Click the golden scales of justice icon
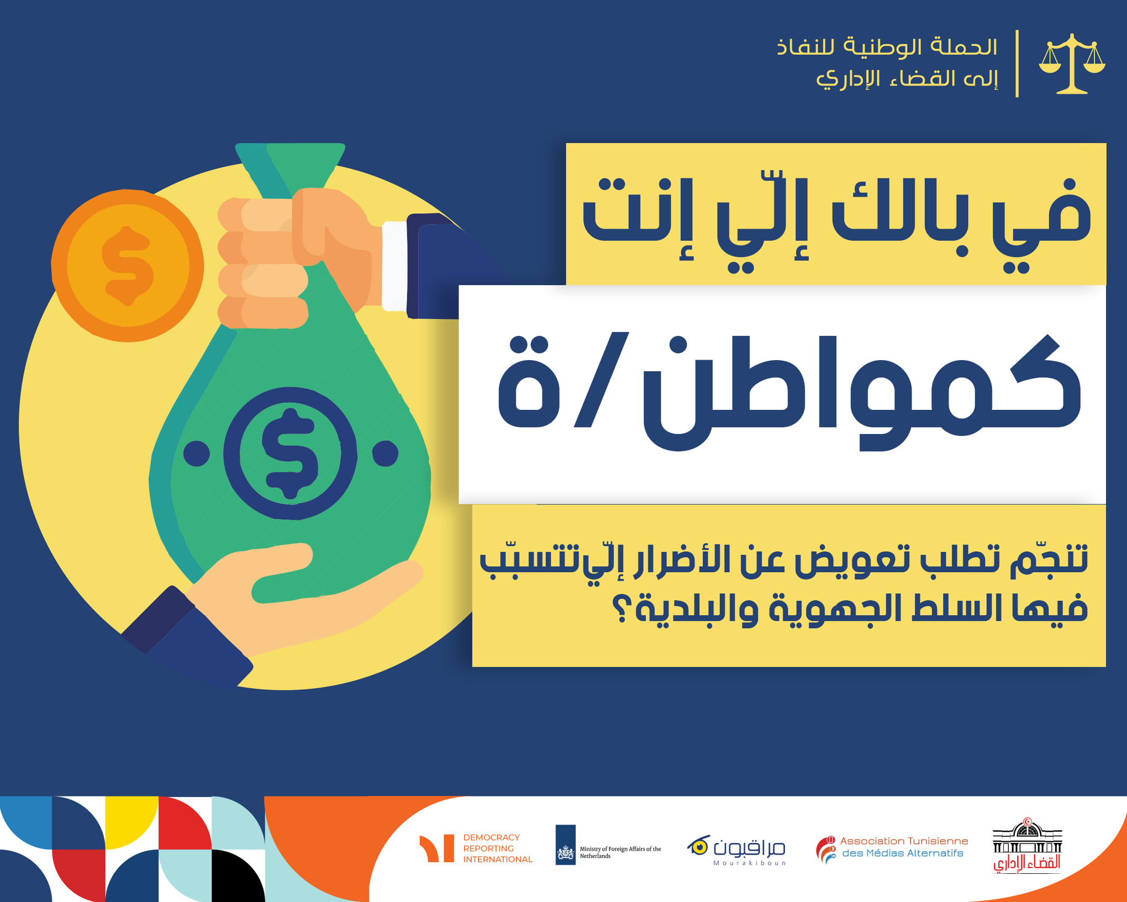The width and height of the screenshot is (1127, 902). [1072, 64]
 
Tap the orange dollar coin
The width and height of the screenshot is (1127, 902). [128, 266]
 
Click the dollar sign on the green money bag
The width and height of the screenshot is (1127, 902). [290, 453]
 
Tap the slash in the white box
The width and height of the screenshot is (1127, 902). [602, 380]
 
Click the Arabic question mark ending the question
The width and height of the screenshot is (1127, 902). [623, 608]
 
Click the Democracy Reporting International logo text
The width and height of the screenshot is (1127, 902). [497, 848]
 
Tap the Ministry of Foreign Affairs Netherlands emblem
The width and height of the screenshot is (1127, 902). [566, 845]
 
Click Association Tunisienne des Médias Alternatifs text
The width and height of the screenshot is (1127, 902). [904, 847]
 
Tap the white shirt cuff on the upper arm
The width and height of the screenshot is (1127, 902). [394, 266]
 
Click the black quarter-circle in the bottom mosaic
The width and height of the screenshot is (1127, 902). [239, 876]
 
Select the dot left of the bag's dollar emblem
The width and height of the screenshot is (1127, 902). [196, 453]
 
